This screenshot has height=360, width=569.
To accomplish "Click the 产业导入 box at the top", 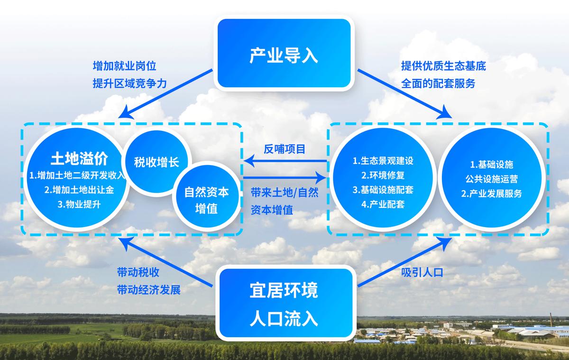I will [x=284, y=55].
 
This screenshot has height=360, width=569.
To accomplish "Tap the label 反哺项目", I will [x=284, y=148].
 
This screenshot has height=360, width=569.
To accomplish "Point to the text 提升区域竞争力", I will [x=130, y=83].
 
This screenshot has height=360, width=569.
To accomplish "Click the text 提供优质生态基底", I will [x=443, y=65].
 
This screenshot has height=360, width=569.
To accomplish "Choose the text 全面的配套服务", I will [x=438, y=83].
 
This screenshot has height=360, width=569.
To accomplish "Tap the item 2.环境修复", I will [x=383, y=175].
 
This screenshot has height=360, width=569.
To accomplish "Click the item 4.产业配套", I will [x=383, y=204].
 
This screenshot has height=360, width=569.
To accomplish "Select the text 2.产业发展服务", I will [x=491, y=194].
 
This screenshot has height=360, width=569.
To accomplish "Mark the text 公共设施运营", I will [x=491, y=179].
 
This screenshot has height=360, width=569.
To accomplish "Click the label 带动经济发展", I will [x=149, y=289].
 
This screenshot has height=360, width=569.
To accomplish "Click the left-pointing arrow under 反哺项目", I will [x=284, y=162].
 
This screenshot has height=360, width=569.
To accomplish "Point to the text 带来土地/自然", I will [x=284, y=194].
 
